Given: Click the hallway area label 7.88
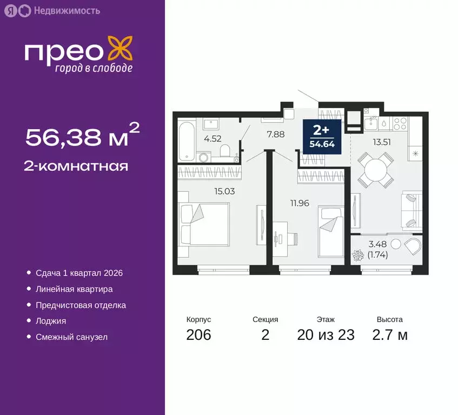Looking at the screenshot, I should (276, 134).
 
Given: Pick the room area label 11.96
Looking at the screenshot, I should (300, 203).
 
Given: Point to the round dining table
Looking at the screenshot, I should (376, 170).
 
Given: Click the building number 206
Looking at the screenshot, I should (198, 335).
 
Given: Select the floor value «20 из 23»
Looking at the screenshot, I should (326, 335).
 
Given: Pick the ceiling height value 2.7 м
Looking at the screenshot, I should (390, 335).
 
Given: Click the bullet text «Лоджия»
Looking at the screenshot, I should (51, 321).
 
